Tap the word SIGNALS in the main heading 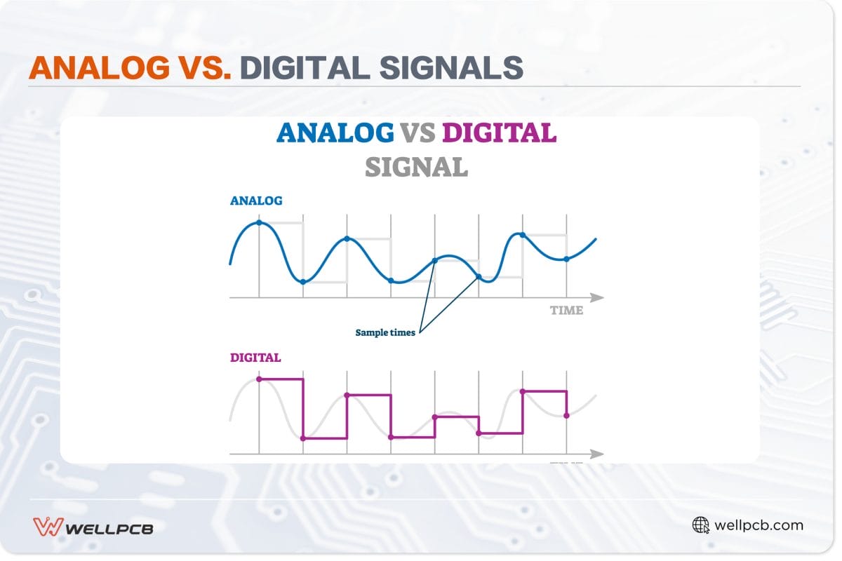pyautogui.click(x=451, y=67)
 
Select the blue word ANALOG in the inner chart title pyautogui.click(x=335, y=133)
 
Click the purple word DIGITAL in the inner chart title pyautogui.click(x=499, y=133)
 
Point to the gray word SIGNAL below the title pyautogui.click(x=417, y=167)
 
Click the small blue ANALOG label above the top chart pyautogui.click(x=256, y=201)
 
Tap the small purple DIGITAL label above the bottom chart pyautogui.click(x=255, y=358)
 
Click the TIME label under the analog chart pyautogui.click(x=566, y=311)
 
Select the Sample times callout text pyautogui.click(x=385, y=332)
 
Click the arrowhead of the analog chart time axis pyautogui.click(x=597, y=297)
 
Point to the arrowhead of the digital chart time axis pyautogui.click(x=597, y=454)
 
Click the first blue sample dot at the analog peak pyautogui.click(x=259, y=222)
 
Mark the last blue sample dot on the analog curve pyautogui.click(x=566, y=259)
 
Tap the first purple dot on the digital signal pyautogui.click(x=259, y=379)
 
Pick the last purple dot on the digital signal pyautogui.click(x=566, y=416)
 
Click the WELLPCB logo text pyautogui.click(x=109, y=529)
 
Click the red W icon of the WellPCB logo pyautogui.click(x=48, y=527)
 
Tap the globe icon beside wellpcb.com pyautogui.click(x=700, y=525)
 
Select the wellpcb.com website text pyautogui.click(x=759, y=525)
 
